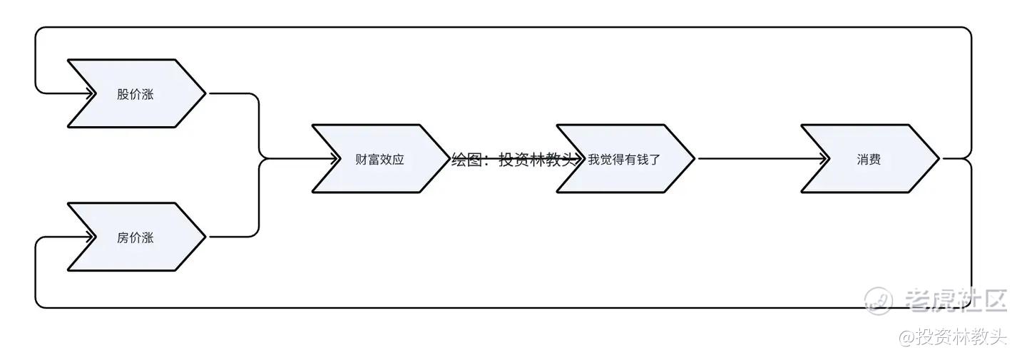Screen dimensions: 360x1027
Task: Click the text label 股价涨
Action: coord(135,94)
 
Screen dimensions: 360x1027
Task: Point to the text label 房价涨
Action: coord(135,237)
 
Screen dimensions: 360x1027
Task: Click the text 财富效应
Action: coord(379,160)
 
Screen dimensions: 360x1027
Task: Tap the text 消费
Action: coord(868,160)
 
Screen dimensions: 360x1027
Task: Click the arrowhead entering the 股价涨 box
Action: coord(91,93)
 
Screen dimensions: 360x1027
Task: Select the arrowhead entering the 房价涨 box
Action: coord(91,237)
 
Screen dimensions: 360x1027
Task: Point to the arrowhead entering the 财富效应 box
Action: coord(336,158)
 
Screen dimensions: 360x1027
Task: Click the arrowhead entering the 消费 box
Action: coord(824,158)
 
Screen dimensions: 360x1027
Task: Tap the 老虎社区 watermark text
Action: coord(956,300)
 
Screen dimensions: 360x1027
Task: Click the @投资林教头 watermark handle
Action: coord(952,336)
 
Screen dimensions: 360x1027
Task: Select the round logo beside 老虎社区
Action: coord(878,300)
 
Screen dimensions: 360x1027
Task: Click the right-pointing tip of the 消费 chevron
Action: coord(939,158)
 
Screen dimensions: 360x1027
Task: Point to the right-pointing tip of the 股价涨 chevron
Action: coord(205,93)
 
